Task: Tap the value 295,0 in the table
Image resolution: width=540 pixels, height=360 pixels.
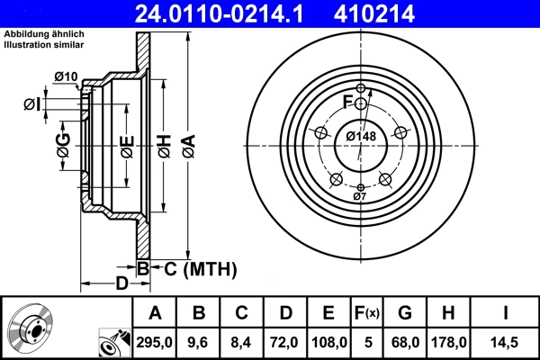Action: [155, 340]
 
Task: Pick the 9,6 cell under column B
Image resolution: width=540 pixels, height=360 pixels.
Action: [199, 340]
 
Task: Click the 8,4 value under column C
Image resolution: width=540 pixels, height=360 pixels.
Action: [242, 340]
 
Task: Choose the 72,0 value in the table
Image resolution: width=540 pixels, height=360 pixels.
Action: [285, 340]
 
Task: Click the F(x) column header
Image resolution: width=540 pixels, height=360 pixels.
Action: [366, 313]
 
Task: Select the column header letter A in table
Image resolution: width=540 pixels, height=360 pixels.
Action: [155, 313]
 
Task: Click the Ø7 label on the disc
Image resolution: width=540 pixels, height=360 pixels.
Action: [359, 196]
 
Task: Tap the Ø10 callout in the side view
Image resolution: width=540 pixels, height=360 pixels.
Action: [66, 76]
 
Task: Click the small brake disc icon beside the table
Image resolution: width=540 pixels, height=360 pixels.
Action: [32, 329]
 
